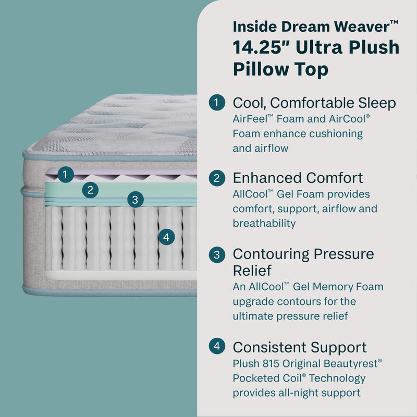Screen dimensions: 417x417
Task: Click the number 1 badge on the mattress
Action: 65,175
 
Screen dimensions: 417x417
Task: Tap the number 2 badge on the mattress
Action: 90,190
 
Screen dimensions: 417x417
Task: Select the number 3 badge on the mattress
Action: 135,199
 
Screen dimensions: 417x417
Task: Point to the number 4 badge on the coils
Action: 166,238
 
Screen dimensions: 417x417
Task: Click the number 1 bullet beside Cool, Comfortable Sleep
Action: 217,103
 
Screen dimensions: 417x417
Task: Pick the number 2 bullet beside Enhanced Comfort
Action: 217,178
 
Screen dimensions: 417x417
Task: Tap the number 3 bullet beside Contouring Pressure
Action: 217,255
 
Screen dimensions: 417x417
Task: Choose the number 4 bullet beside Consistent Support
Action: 217,347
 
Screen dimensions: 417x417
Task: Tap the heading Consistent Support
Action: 300,347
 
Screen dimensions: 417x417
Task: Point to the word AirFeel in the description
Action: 250,118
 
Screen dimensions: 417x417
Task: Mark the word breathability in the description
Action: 264,224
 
